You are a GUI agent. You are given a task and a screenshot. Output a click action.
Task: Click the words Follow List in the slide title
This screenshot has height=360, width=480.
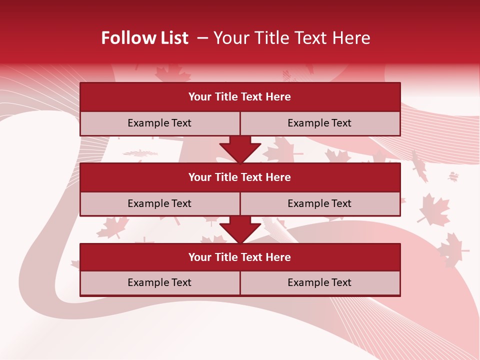(x=144, y=38)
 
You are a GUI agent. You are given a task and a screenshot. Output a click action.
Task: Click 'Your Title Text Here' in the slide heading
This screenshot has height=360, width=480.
(x=291, y=38)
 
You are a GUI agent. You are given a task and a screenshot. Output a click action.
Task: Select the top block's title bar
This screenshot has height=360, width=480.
(x=240, y=97)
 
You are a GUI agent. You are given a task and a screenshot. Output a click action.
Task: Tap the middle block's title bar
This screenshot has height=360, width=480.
(x=240, y=177)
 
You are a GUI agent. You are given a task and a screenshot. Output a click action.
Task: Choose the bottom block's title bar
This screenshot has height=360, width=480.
(x=240, y=257)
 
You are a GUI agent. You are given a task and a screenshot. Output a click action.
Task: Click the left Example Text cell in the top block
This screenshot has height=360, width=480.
(x=159, y=123)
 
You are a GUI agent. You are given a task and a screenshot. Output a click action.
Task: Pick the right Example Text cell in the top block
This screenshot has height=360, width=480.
(x=319, y=123)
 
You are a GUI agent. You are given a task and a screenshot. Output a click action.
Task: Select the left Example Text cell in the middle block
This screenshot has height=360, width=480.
(x=159, y=203)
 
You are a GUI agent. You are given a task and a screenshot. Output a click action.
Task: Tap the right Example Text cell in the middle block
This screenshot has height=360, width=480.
(x=319, y=203)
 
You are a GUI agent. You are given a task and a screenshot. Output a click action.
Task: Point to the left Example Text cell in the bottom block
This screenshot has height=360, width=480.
(x=159, y=282)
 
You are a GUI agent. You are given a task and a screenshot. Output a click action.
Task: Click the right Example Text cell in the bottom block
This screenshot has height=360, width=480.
(x=319, y=282)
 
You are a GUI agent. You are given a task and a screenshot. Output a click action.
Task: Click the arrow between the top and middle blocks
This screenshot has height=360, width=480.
(x=240, y=149)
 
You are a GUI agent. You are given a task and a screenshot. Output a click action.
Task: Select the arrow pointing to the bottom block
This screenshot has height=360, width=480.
(x=240, y=229)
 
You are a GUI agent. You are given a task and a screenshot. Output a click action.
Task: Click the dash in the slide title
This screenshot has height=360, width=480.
(x=202, y=38)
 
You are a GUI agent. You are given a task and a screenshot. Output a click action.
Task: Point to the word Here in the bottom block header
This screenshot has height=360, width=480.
(x=278, y=257)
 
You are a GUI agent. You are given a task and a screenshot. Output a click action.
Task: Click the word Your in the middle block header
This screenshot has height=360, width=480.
(x=199, y=177)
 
